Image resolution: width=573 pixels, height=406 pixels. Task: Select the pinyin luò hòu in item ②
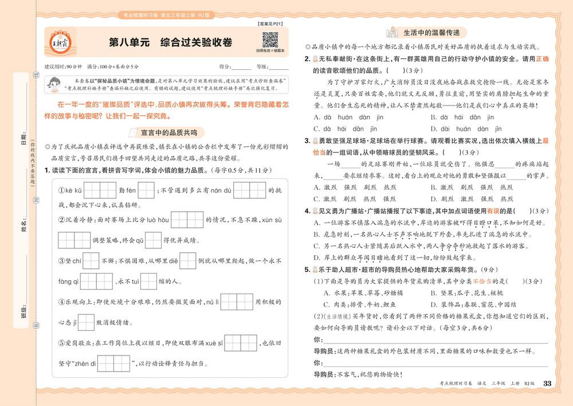(155, 220)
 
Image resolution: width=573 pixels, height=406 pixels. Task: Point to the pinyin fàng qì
(68, 282)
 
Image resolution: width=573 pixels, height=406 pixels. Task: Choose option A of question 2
(349, 118)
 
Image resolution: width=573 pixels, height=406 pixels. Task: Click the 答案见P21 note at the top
(265, 24)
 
